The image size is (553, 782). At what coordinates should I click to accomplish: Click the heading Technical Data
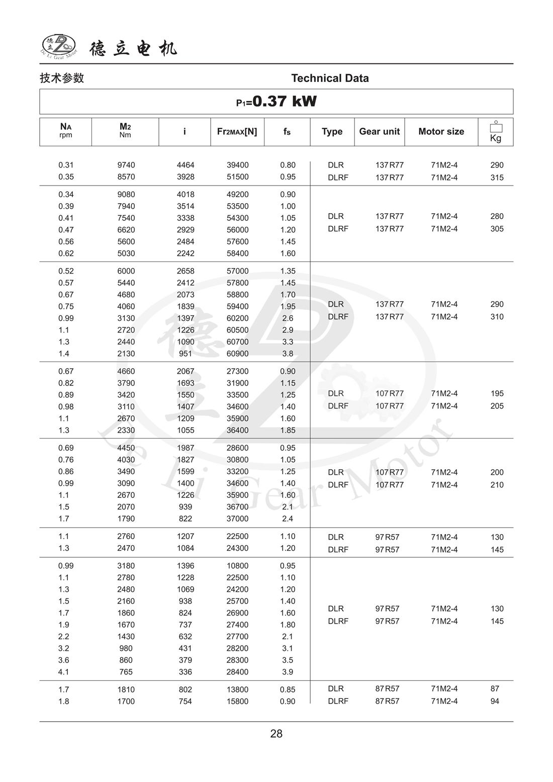point(330,78)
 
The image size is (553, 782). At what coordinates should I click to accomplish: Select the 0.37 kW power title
point(276,102)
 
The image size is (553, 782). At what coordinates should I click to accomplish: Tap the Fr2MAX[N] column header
point(237,132)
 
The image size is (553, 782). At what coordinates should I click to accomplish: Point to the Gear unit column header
point(379,132)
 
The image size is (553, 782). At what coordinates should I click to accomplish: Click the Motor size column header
point(441,132)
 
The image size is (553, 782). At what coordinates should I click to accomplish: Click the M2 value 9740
point(126,165)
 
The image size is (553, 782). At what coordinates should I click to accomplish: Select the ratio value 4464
point(186,165)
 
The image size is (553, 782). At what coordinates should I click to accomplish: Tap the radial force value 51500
point(237,177)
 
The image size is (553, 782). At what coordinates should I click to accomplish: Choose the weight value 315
point(497,178)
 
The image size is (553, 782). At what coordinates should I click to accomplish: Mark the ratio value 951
point(186,354)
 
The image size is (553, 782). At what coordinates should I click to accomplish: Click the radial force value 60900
point(237,354)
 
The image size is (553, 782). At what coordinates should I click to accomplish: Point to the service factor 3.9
point(288,672)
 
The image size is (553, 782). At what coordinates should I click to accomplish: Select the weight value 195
point(497,394)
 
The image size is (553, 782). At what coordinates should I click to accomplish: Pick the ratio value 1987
point(186,448)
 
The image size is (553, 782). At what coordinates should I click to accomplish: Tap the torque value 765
point(126,672)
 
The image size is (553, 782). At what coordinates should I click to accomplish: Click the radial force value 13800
point(237,689)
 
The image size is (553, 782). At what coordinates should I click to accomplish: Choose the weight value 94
point(495,702)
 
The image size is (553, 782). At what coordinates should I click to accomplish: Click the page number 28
point(276,734)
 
